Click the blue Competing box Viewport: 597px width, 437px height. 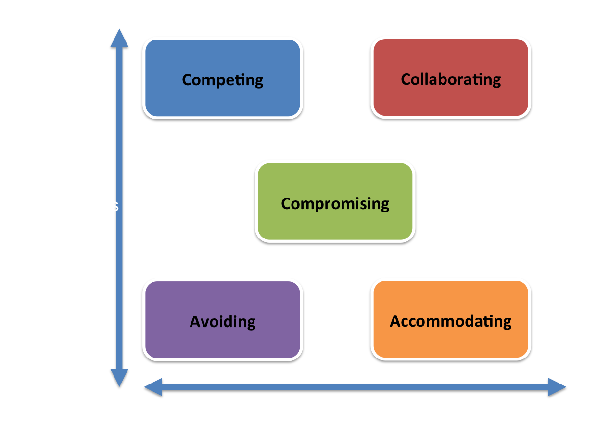click(x=223, y=78)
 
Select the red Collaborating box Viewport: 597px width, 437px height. click(x=451, y=78)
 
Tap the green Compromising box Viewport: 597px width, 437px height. click(x=335, y=201)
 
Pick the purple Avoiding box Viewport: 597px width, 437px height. click(x=223, y=320)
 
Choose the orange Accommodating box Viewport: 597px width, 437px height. click(x=451, y=319)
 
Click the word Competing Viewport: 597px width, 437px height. click(x=223, y=80)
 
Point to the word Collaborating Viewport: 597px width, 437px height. click(x=451, y=79)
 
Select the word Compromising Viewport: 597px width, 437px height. click(x=335, y=204)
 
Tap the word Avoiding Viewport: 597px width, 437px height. click(x=223, y=322)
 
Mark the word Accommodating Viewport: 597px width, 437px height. click(x=451, y=321)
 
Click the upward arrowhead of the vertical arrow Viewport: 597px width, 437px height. click(x=119, y=38)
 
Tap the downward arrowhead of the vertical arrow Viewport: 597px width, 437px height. click(x=119, y=378)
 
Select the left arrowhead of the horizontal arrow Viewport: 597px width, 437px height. click(x=153, y=387)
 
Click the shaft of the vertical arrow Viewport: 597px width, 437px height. click(x=119, y=208)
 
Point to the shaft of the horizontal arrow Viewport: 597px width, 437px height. click(x=356, y=387)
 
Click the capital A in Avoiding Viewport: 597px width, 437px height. click(x=196, y=321)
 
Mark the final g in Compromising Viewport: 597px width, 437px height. click(x=384, y=206)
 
